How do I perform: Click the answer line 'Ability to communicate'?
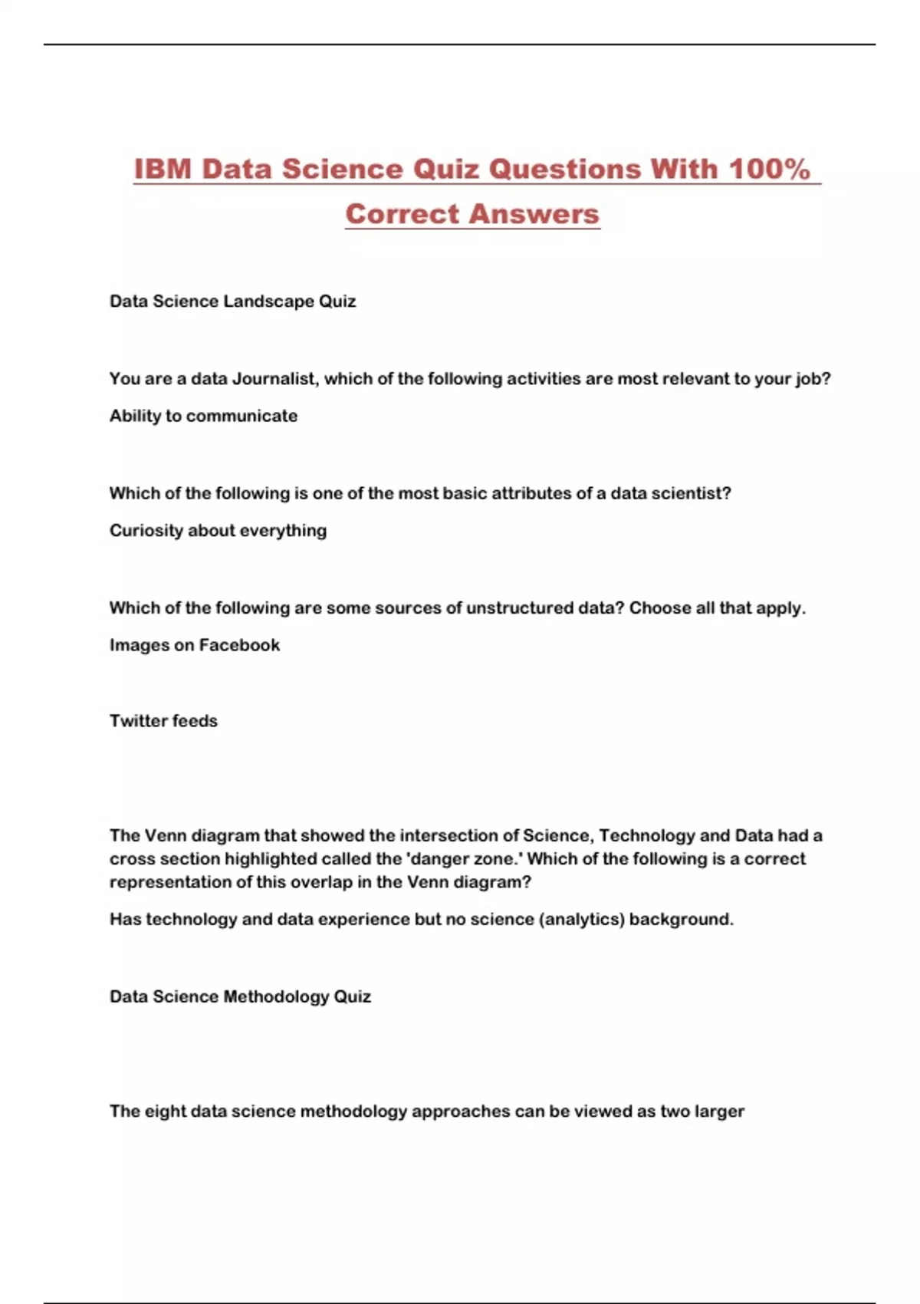(x=203, y=416)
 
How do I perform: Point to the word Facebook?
(x=239, y=645)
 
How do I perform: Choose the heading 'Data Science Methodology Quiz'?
(x=240, y=996)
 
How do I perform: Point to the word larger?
(x=719, y=1111)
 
